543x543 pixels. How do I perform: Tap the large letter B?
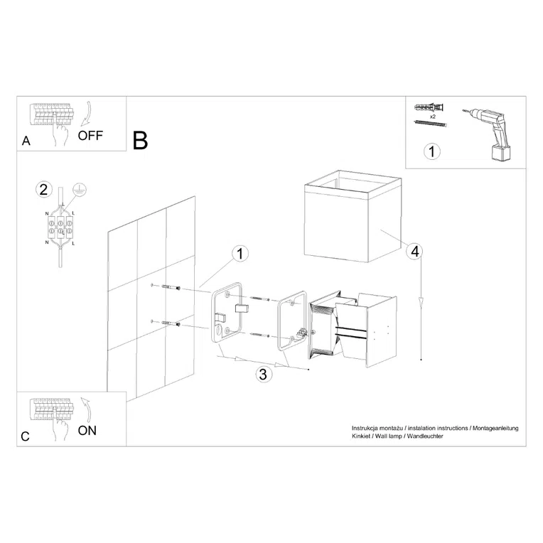(x=141, y=141)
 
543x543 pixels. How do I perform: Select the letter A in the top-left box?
(x=26, y=141)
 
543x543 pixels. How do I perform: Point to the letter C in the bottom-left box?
(x=26, y=437)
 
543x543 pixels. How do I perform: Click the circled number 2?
(x=44, y=189)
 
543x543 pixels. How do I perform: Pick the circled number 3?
(x=263, y=375)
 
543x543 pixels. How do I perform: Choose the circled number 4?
(x=415, y=250)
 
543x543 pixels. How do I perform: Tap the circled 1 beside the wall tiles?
(x=240, y=254)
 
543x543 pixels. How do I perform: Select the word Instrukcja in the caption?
(x=367, y=429)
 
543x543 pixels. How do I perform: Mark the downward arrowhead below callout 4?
(x=422, y=303)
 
